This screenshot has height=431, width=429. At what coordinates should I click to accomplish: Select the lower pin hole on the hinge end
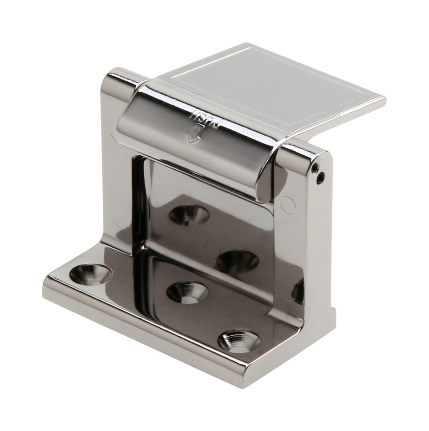320,180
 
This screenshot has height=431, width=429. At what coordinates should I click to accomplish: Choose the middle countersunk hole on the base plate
187,292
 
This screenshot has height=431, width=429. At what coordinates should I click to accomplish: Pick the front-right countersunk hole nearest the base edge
239,341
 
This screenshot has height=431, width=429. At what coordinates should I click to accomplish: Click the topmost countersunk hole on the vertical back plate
189,215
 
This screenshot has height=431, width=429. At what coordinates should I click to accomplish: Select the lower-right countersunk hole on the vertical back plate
237,261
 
